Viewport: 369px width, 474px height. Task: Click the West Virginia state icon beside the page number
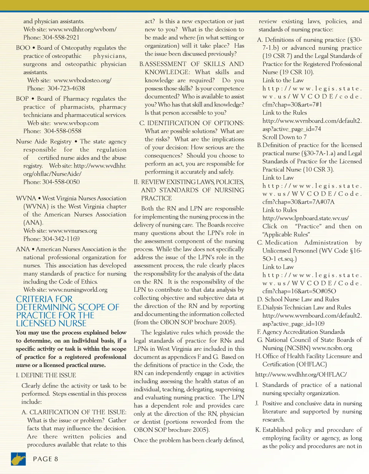[18, 459]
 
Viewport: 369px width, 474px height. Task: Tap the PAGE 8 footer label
[45, 459]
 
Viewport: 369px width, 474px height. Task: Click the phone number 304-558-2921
[61, 38]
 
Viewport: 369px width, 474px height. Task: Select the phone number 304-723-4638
[66, 88]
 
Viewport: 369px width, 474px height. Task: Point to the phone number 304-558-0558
[63, 131]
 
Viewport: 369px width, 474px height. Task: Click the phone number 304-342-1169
[61, 239]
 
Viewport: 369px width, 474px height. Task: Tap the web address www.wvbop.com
[76, 123]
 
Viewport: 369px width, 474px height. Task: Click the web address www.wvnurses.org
[73, 231]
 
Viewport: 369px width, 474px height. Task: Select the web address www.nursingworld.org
[78, 290]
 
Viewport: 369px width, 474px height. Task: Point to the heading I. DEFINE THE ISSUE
[46, 375]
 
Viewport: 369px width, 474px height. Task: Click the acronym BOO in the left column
[23, 48]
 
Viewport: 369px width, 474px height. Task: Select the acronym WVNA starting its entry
[26, 198]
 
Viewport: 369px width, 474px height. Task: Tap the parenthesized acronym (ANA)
[33, 223]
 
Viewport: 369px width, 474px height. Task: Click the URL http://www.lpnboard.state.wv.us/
[306, 218]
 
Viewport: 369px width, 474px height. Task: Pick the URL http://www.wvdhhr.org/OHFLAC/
[301, 374]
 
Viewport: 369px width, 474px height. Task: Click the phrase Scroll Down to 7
[284, 137]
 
